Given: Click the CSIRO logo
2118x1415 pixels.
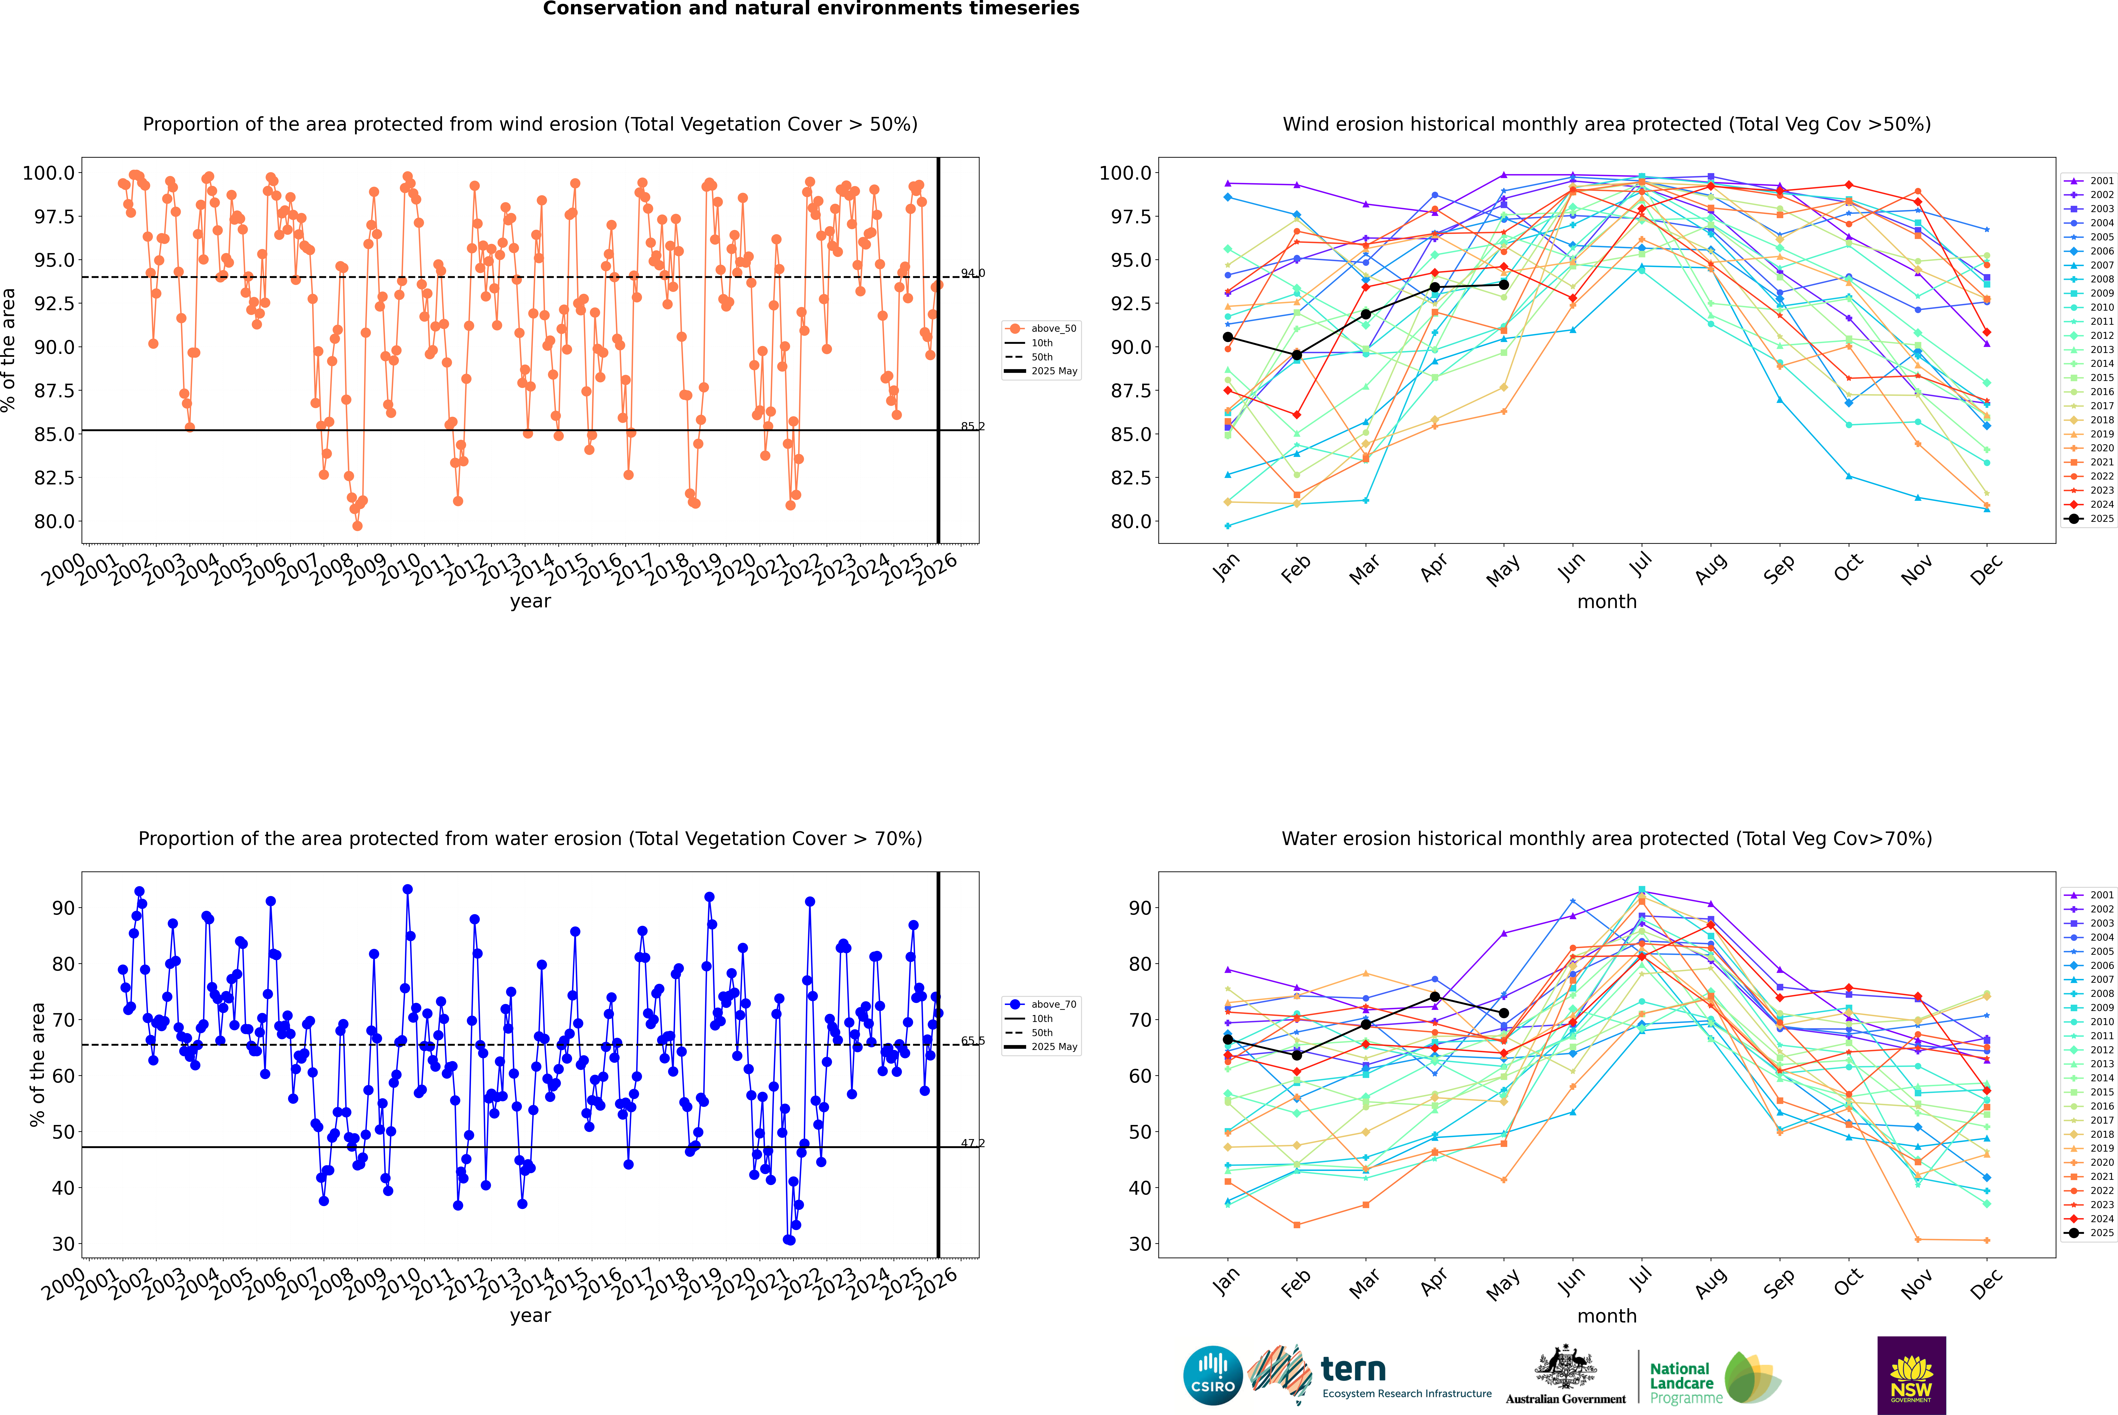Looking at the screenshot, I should coord(1213,1375).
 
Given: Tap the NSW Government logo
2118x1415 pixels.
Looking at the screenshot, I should coord(1911,1375).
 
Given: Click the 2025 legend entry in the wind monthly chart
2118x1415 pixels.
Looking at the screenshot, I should coord(2089,519).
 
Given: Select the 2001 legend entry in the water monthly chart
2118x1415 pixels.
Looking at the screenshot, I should coord(2089,895).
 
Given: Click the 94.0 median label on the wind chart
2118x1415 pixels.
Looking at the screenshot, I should coord(972,273).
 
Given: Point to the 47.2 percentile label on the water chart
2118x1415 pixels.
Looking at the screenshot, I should coord(972,1143).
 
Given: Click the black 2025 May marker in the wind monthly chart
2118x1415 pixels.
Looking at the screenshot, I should coord(1503,284).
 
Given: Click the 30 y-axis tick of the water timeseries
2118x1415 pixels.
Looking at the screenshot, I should coord(63,1243).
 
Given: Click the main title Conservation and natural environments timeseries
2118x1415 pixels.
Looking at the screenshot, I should coord(811,9).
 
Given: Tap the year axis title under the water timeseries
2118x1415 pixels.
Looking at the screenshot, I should coord(530,1316).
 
